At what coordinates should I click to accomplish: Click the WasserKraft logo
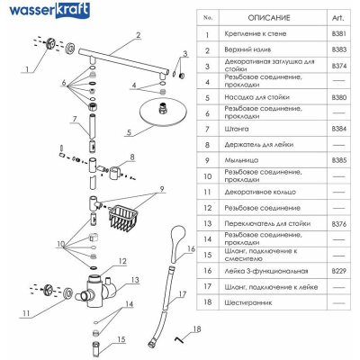(49, 11)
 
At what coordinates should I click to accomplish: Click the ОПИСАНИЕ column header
(269, 18)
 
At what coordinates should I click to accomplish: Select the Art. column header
(337, 18)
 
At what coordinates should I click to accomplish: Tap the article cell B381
(338, 33)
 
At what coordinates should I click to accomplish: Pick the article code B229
(338, 271)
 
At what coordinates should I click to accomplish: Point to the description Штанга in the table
(237, 129)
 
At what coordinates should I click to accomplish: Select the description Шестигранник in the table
(248, 302)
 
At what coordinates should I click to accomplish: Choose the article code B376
(338, 224)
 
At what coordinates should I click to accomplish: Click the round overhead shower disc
(163, 112)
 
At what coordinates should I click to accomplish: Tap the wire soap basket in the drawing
(122, 217)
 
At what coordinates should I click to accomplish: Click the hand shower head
(178, 242)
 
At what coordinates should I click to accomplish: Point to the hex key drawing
(179, 339)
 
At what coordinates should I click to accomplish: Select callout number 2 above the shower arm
(138, 35)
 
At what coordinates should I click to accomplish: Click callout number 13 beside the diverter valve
(135, 280)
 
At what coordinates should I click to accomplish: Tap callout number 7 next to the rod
(75, 119)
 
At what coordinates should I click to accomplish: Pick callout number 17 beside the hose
(183, 294)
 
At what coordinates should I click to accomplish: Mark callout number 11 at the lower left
(26, 313)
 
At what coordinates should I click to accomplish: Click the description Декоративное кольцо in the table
(260, 192)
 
